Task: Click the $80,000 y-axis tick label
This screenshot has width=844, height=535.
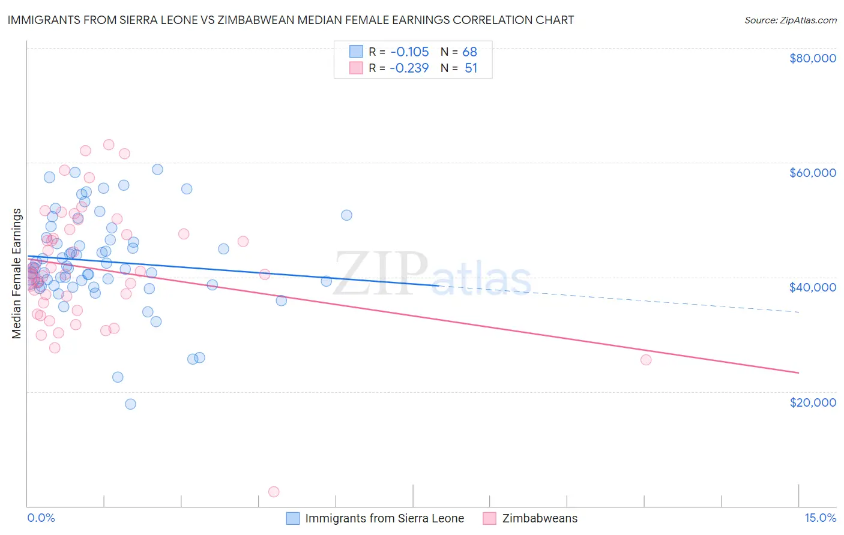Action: click(x=812, y=58)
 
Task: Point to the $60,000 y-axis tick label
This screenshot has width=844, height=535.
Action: click(x=812, y=173)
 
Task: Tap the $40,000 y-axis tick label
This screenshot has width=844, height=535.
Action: click(x=812, y=287)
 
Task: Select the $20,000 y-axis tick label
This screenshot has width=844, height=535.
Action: click(x=812, y=402)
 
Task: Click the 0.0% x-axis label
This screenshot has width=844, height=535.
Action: click(x=41, y=518)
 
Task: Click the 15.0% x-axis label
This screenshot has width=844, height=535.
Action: click(x=820, y=518)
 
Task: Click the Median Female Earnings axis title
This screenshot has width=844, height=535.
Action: click(x=17, y=273)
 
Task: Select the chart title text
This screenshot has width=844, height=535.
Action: click(x=291, y=20)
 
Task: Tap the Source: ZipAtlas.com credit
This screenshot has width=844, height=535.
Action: click(x=790, y=20)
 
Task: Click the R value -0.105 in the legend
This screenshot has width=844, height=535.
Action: click(x=409, y=52)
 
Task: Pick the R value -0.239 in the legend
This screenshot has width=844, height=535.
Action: click(x=409, y=68)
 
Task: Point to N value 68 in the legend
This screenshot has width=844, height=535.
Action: click(x=469, y=52)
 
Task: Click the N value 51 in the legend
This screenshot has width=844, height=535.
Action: click(x=471, y=68)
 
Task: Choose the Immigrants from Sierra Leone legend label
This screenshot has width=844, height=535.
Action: click(x=384, y=518)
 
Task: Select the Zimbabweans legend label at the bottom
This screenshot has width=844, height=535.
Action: click(x=540, y=518)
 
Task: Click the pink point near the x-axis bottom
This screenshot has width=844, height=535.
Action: click(x=274, y=492)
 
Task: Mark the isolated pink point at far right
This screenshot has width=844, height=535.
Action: click(x=646, y=360)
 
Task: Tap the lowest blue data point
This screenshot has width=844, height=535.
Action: click(x=130, y=404)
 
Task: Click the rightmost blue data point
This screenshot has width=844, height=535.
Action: click(x=346, y=215)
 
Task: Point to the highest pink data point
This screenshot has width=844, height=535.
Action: click(x=109, y=145)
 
